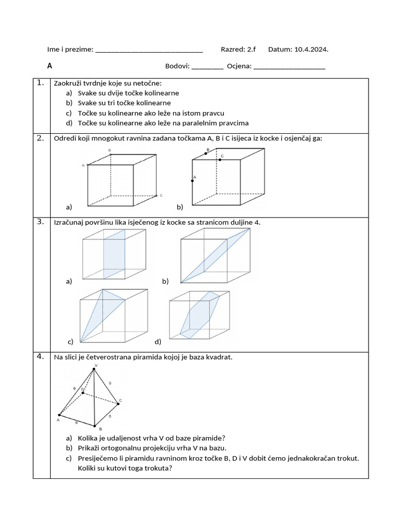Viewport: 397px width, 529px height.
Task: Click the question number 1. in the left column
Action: click(40, 83)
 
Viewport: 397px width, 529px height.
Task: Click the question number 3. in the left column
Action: click(40, 222)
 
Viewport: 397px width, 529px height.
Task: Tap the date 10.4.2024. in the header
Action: click(311, 50)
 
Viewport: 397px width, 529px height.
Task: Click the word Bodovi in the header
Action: click(177, 66)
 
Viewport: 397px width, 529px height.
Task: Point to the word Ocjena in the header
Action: click(239, 66)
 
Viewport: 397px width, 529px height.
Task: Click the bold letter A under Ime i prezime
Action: click(50, 66)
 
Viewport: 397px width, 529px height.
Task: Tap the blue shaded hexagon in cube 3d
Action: click(200, 315)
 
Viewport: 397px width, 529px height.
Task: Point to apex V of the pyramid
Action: click(94, 368)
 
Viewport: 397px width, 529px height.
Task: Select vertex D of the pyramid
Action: click(83, 392)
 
